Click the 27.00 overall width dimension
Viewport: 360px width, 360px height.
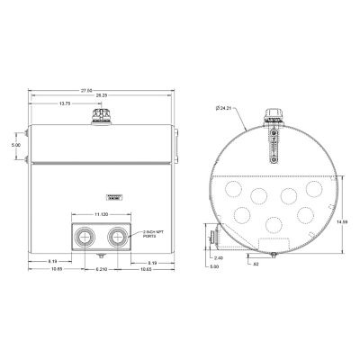[x=102, y=90]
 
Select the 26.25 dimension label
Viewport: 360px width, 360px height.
[x=102, y=96]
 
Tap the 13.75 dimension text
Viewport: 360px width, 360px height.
[x=65, y=104]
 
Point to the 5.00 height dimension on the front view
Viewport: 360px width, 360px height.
[x=15, y=143]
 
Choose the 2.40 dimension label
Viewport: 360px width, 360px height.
[x=220, y=256]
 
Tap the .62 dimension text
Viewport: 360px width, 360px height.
[x=256, y=264]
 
